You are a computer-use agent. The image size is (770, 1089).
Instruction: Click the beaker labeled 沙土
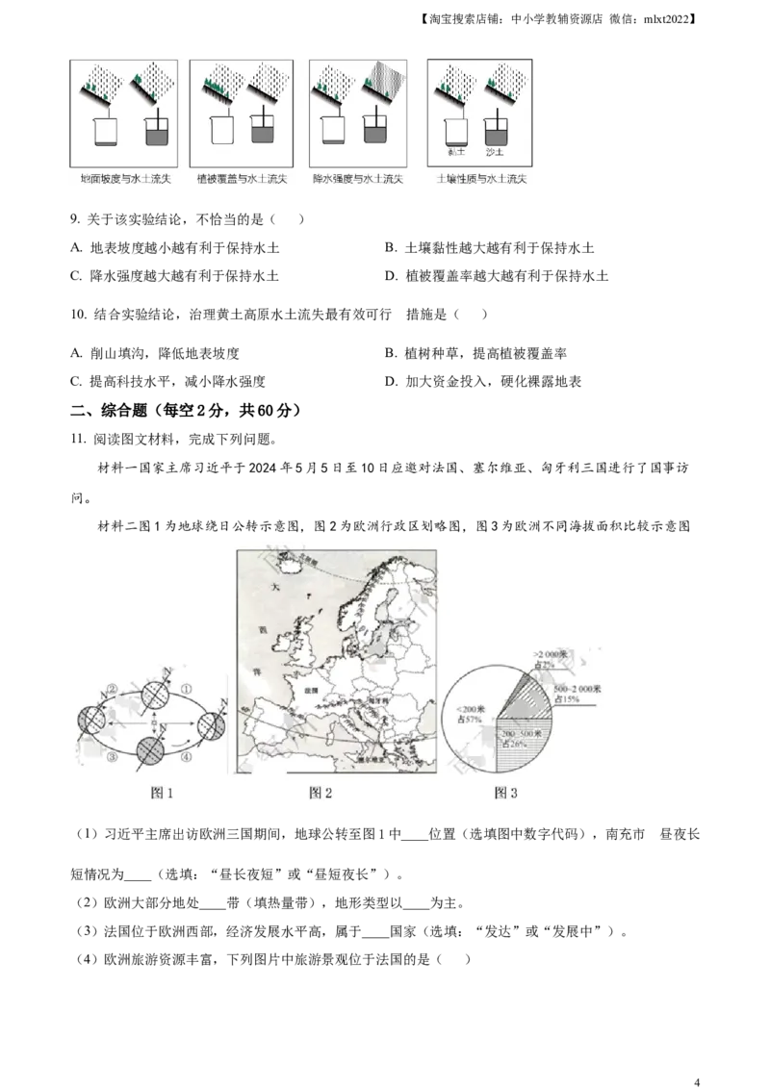pos(497,131)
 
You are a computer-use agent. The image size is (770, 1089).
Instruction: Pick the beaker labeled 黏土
pos(455,131)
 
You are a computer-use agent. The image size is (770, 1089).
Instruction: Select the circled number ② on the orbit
pos(112,689)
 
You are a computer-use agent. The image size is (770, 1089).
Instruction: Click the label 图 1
pos(161,793)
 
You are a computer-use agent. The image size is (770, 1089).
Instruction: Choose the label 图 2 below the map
pos(320,793)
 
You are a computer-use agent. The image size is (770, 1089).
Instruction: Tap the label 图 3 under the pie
pos(505,793)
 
